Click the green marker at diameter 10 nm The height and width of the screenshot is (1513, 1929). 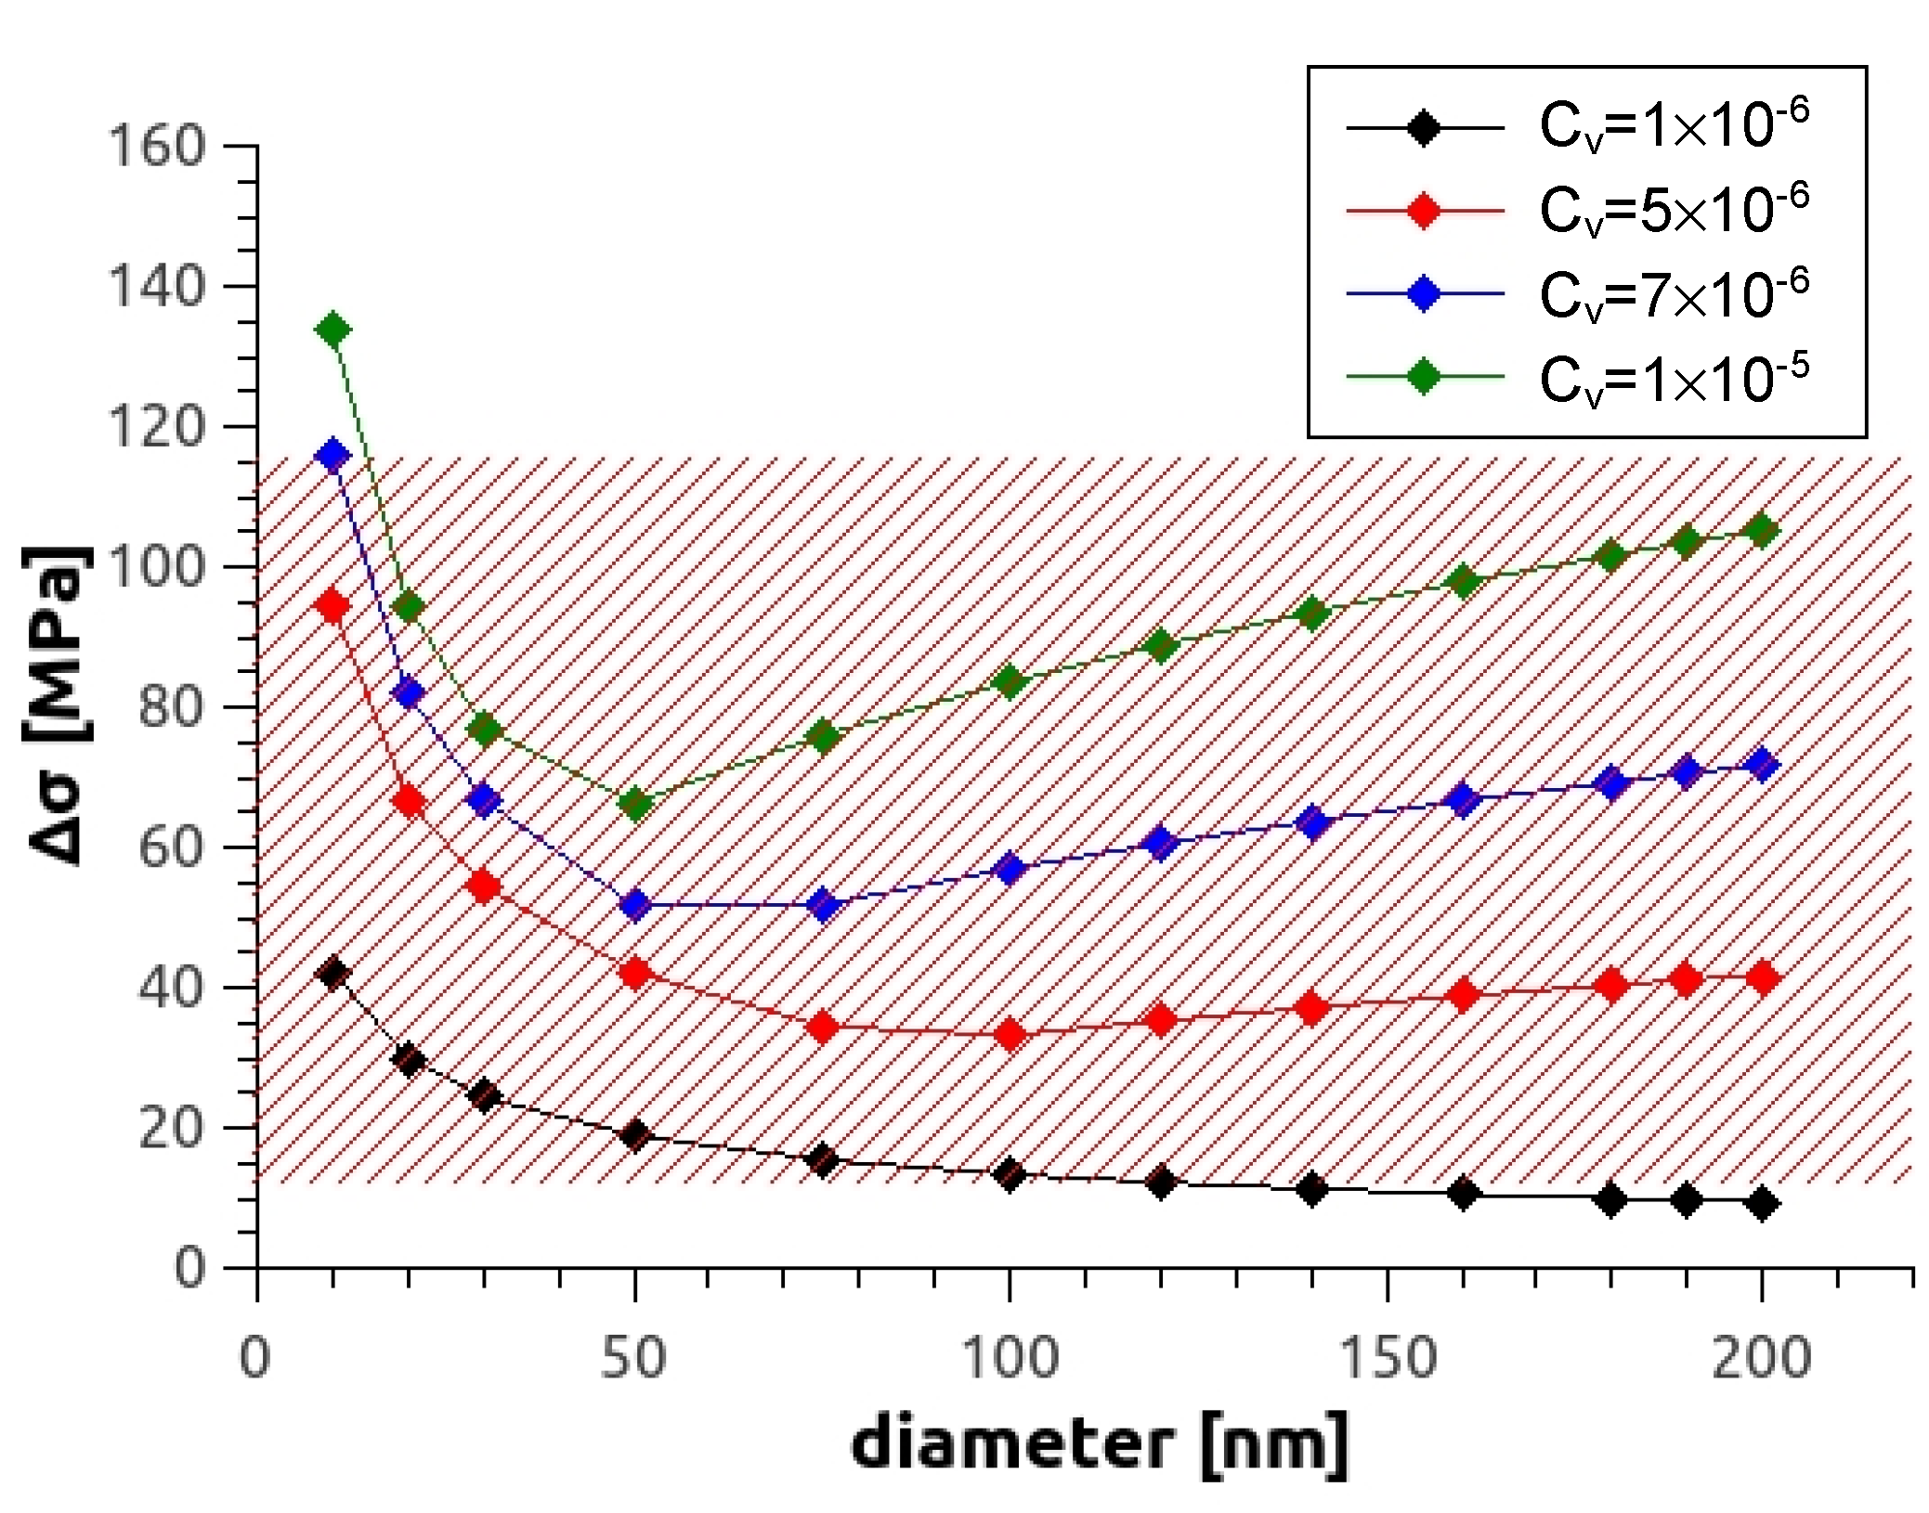click(332, 330)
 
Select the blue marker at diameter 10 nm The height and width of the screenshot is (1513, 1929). click(332, 455)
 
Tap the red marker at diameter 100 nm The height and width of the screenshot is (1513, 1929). click(1010, 1034)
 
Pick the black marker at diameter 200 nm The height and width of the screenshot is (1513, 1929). click(1762, 1203)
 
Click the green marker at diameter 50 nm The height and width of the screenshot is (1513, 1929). click(635, 805)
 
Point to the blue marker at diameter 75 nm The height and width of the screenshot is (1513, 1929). click(823, 904)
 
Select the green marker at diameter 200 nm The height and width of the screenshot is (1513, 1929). click(1762, 530)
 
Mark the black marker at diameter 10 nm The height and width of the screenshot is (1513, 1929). click(332, 973)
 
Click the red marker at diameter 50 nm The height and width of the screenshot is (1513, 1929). click(635, 973)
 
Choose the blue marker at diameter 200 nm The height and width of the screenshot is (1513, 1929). click(1762, 764)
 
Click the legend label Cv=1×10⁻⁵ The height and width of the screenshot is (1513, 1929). click(1673, 379)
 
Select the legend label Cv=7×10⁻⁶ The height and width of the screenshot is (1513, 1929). click(1673, 294)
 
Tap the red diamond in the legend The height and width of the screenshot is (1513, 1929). click(1423, 211)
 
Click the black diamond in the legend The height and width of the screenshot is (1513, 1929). click(1423, 127)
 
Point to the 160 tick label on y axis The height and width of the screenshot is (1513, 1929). click(156, 147)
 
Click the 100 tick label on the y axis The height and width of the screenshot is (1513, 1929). click(156, 567)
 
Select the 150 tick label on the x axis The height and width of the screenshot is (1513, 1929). click(1387, 1357)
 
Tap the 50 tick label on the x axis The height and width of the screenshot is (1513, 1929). click(633, 1357)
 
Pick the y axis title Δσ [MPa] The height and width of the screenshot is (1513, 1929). click(56, 705)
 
